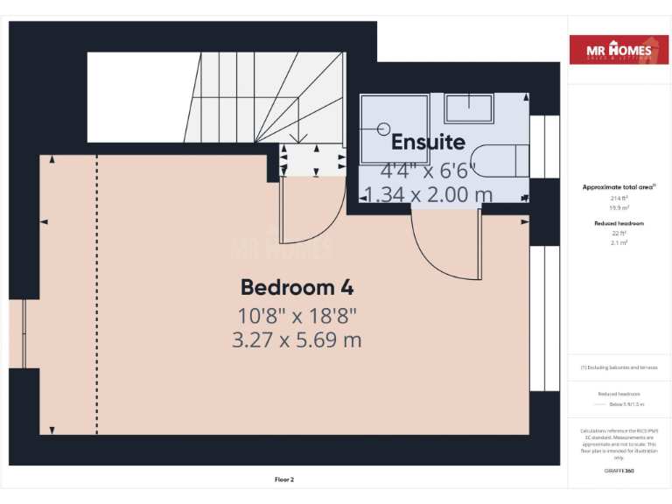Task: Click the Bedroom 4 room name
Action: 297,287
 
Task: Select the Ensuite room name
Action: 428,142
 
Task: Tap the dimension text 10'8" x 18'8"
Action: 297,315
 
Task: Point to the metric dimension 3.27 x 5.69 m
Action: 297,340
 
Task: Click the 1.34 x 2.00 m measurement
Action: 428,194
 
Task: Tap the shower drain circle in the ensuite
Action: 382,129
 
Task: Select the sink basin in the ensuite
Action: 468,109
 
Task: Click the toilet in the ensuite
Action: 503,162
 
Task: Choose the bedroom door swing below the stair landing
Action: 306,219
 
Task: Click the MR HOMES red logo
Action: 619,50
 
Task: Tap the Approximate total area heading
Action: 618,187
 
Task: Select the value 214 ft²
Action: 618,199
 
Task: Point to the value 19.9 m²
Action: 618,208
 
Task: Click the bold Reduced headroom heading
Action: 618,224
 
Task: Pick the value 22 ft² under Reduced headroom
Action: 618,234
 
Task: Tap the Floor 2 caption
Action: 284,479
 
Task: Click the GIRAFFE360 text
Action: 619,472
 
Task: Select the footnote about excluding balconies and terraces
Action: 619,367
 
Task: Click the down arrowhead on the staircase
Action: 302,137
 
